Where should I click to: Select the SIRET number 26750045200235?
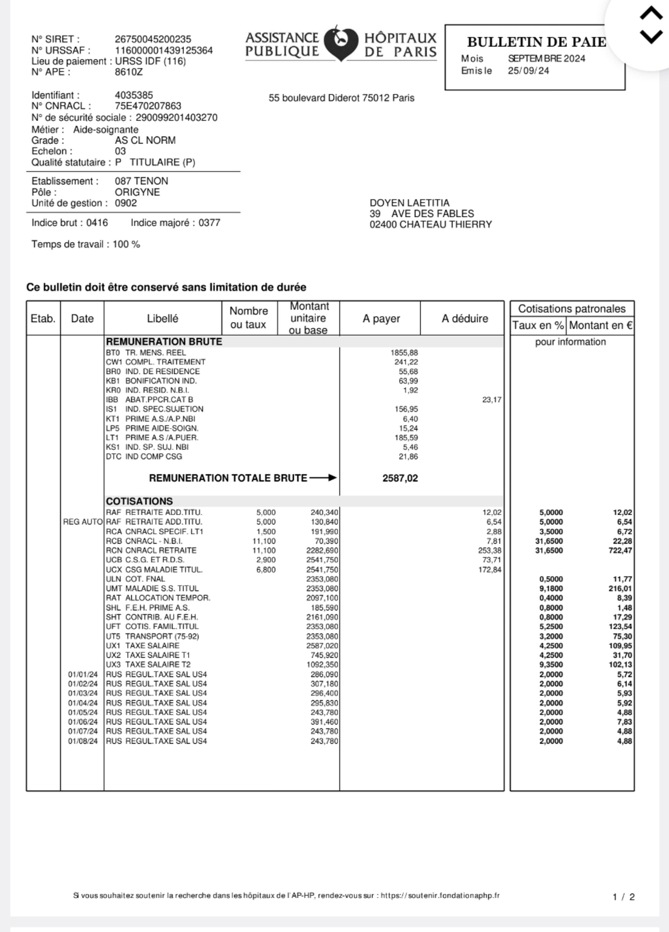153,39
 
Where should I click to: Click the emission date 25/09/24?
528,71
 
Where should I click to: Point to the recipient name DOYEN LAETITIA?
409,203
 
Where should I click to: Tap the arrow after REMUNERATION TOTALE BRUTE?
323,478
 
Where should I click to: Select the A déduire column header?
464,318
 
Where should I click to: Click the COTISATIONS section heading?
139,501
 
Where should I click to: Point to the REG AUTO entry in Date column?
83,522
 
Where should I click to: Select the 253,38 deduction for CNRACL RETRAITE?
489,550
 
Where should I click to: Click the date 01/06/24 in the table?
83,722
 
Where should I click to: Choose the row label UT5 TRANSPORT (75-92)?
153,636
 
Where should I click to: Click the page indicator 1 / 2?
624,897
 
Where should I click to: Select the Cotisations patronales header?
572,309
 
